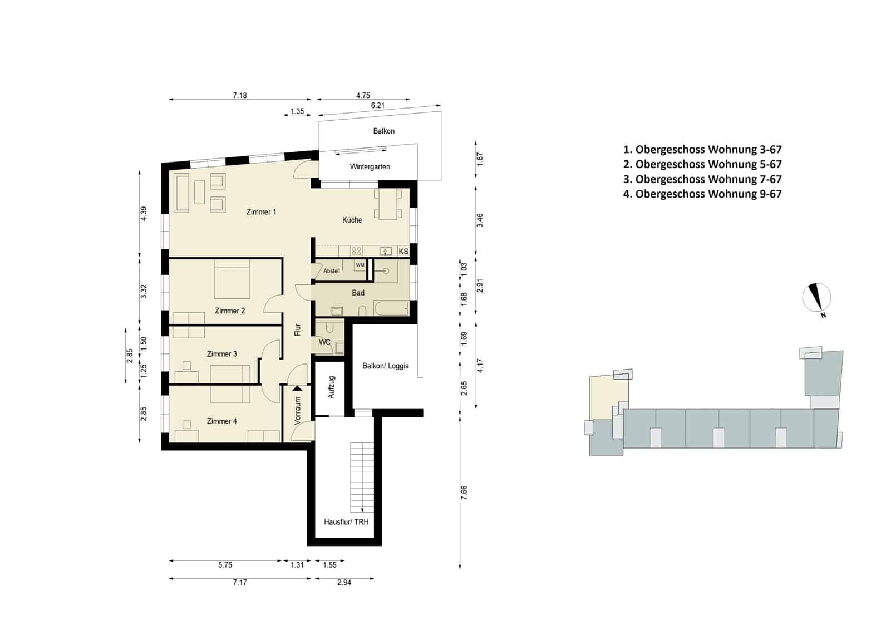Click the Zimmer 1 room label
(x=261, y=212)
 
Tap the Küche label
(x=352, y=220)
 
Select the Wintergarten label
(x=370, y=166)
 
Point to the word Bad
(x=358, y=293)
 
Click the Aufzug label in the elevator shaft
(x=331, y=387)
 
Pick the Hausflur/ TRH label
(x=346, y=522)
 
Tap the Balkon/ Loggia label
(x=386, y=366)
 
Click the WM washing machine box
(x=360, y=265)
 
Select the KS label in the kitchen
(x=403, y=252)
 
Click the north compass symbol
(x=816, y=298)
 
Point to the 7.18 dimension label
(x=240, y=96)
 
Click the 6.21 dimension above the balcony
(x=377, y=105)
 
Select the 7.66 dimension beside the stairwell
(x=464, y=493)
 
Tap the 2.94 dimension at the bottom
(x=344, y=583)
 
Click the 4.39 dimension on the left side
(x=144, y=214)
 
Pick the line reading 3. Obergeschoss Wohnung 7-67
(x=702, y=179)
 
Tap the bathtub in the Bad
(x=391, y=309)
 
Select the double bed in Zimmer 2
(x=232, y=279)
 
